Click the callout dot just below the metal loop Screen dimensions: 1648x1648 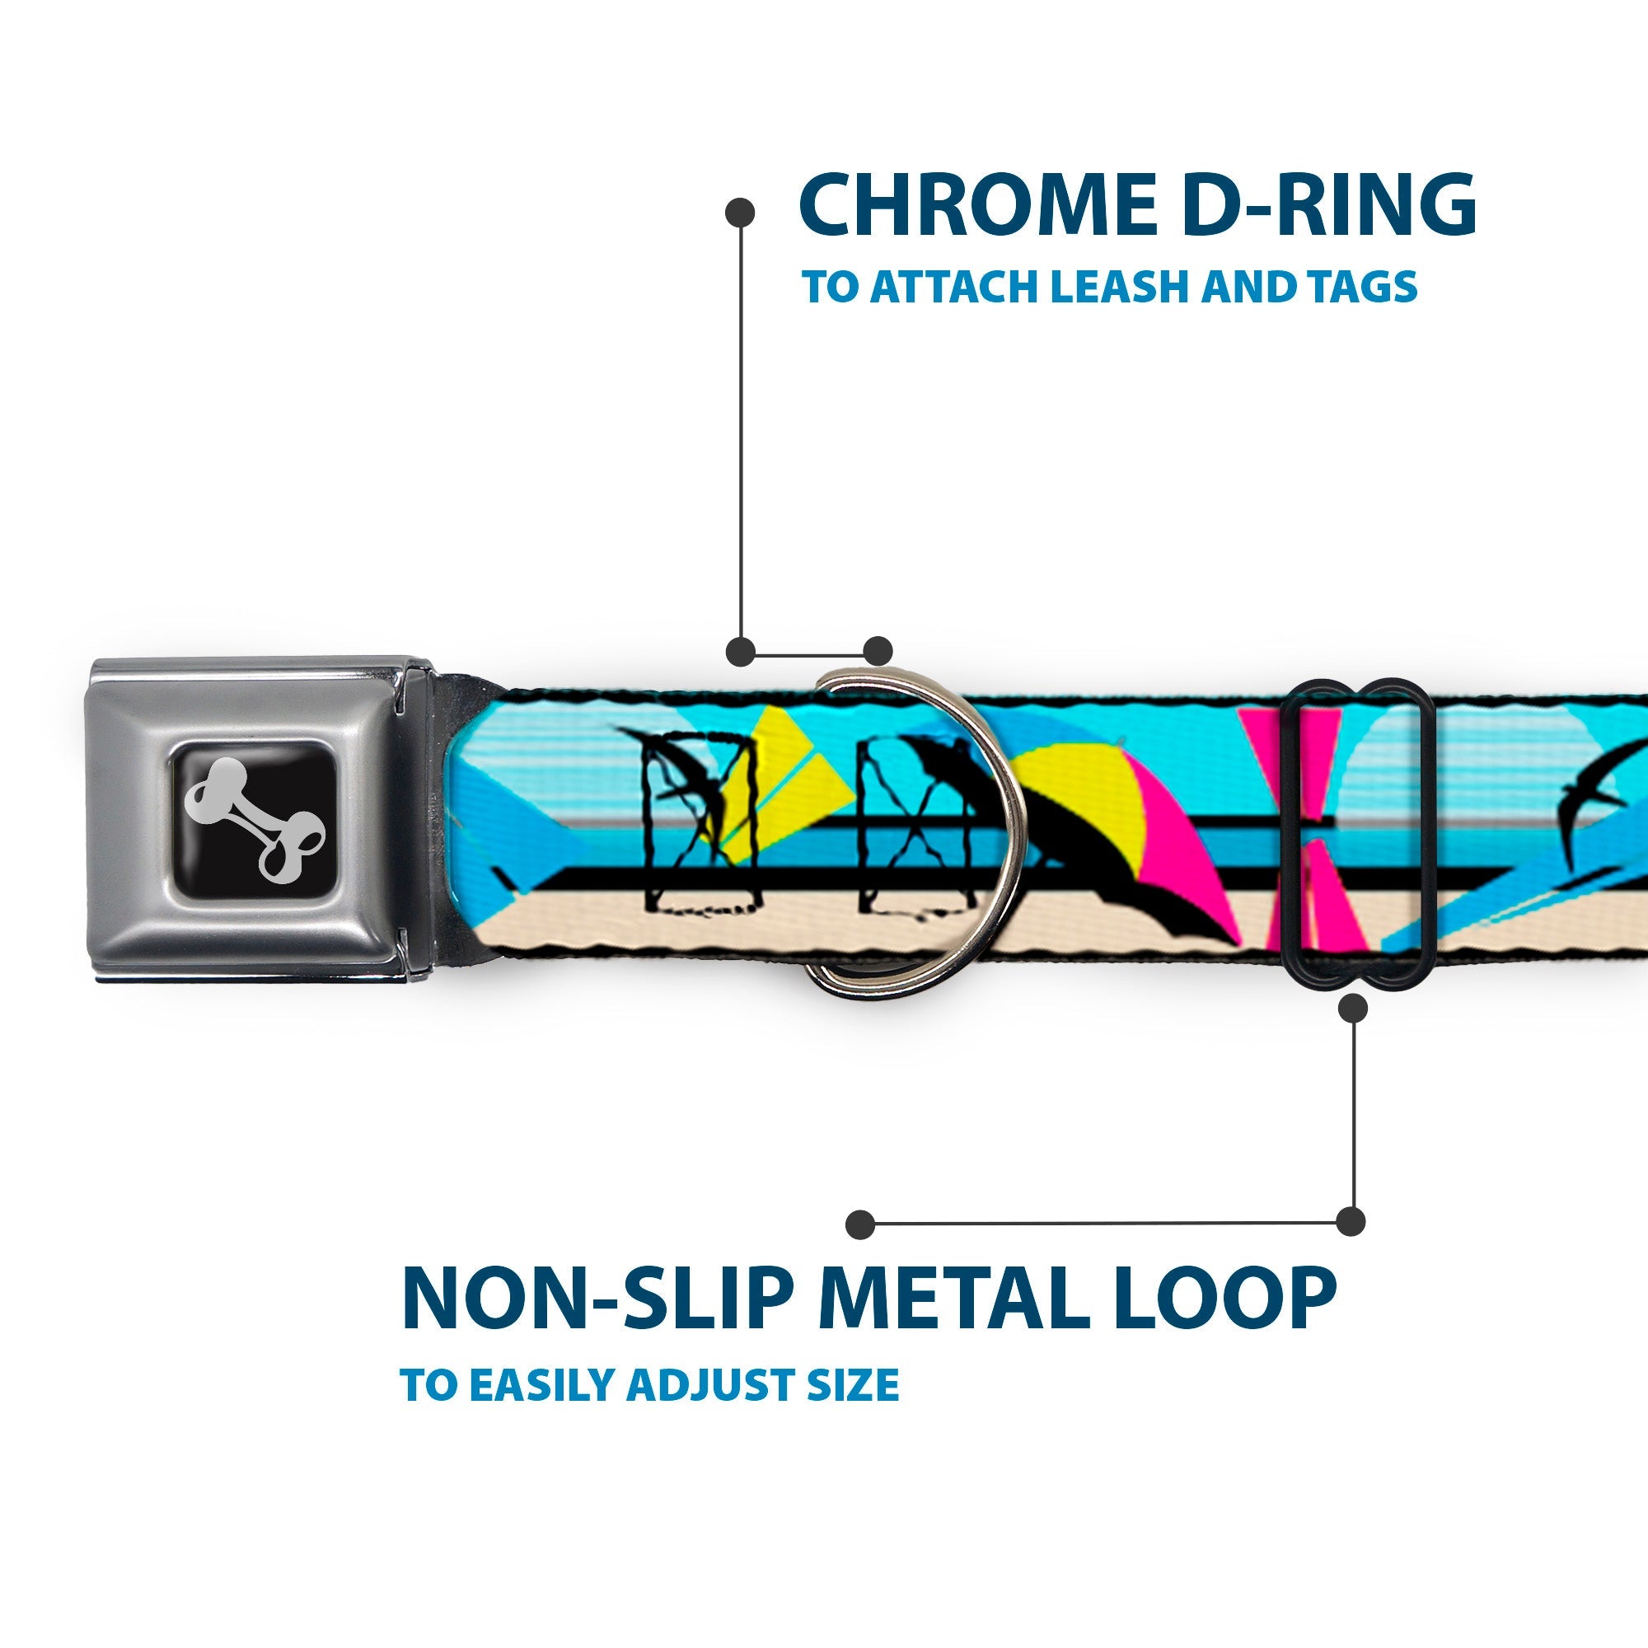pos(1354,1009)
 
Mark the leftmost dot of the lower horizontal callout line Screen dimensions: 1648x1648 pos(859,1223)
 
